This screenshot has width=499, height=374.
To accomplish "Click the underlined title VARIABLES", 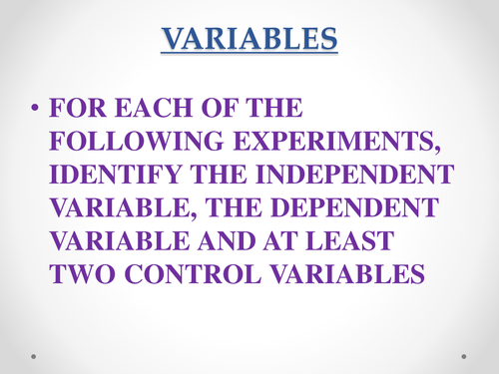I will [249, 40].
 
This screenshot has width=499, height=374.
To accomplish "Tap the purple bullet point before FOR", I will [38, 107].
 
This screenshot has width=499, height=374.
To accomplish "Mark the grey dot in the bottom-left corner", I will [33, 355].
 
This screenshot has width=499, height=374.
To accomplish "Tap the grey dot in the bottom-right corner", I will [466, 355].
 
